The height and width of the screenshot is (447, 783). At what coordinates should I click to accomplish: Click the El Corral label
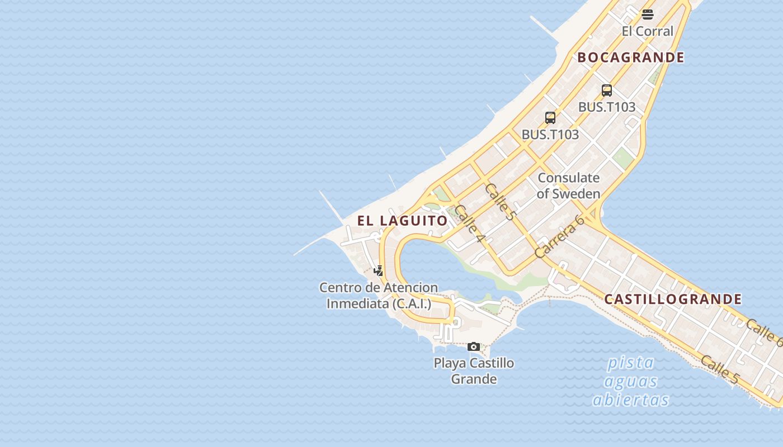pos(647,31)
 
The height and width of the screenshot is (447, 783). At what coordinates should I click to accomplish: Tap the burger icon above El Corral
pos(648,15)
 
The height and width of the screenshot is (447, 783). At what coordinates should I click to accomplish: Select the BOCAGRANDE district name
pos(630,58)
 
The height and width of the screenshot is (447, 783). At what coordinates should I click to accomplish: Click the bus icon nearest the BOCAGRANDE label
pos(607,91)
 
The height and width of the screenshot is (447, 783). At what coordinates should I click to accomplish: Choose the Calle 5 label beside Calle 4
pos(499,202)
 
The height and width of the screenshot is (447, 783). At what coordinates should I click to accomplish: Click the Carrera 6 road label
pos(559,237)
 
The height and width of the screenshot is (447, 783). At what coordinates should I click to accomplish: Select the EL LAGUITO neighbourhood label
pos(403,221)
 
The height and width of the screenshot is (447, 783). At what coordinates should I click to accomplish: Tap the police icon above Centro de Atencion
pos(379,271)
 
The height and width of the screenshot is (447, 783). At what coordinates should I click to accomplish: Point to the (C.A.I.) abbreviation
pos(412,304)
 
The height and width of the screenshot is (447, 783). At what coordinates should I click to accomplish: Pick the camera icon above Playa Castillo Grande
pos(474,347)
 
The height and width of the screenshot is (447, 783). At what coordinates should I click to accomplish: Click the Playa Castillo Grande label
pos(474,371)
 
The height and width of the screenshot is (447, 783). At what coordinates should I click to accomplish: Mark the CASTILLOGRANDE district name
pos(673,299)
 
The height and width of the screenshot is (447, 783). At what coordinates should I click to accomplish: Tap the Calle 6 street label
pos(763,332)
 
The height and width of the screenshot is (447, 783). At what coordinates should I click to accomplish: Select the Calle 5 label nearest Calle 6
pos(719,369)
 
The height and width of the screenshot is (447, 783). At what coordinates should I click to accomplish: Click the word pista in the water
pos(631,363)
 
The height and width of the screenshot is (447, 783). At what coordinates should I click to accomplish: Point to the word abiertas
pos(631,400)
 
